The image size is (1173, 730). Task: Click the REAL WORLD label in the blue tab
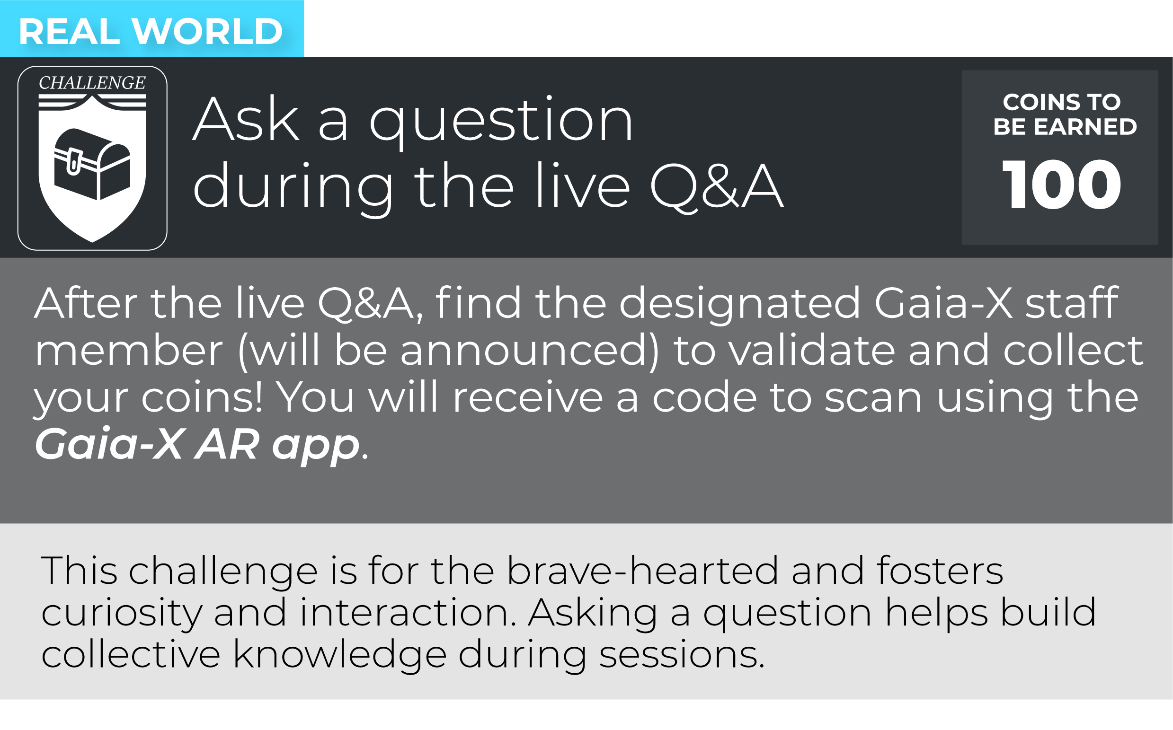[x=151, y=31]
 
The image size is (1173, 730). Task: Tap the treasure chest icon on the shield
[x=92, y=164]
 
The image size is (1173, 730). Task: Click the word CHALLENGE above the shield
[x=92, y=83]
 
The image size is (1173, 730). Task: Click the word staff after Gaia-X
[x=1072, y=302]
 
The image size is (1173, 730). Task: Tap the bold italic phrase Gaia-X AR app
[x=197, y=444]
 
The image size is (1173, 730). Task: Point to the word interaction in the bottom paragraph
[x=408, y=612]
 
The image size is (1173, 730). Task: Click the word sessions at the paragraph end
[x=682, y=655]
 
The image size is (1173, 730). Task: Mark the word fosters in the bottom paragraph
[x=940, y=570]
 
